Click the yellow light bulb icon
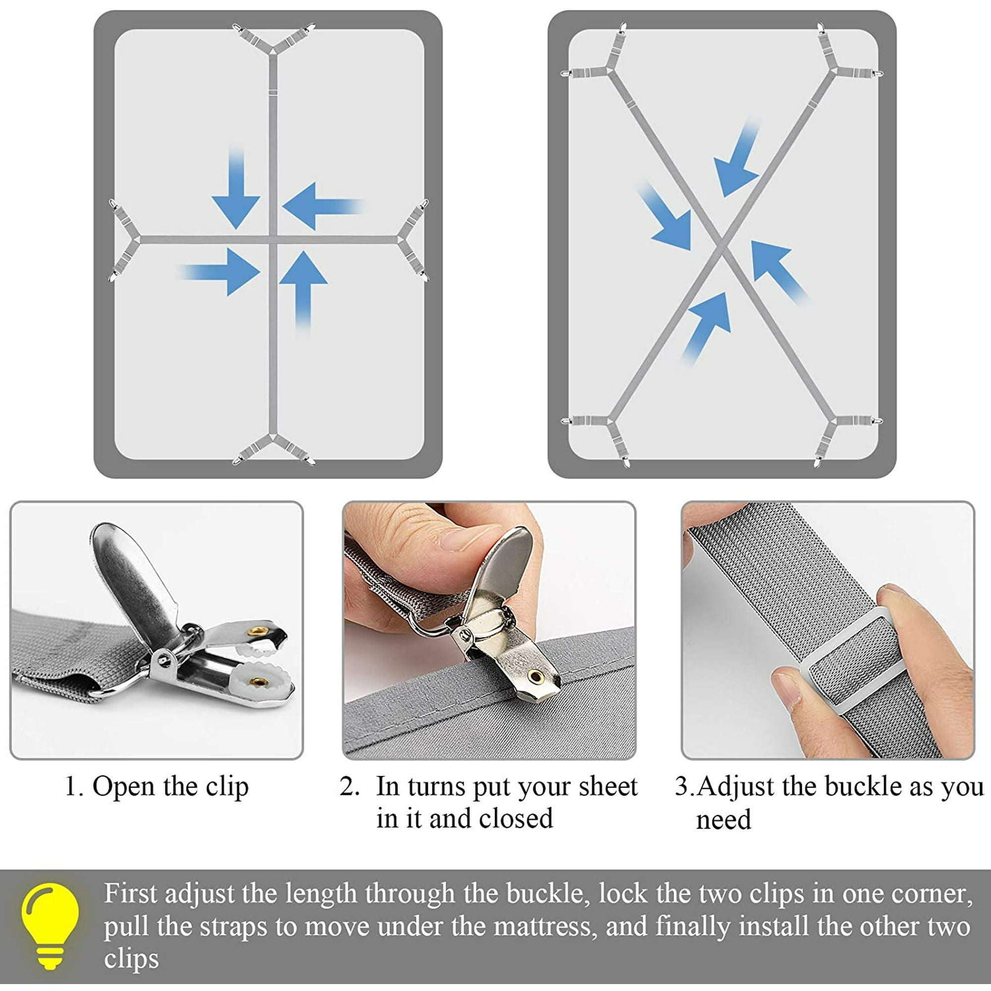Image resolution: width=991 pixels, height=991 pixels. coord(50,925)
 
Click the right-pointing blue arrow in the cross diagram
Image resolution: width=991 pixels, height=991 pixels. coord(219,272)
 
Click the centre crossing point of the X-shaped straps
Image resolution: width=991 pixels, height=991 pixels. coord(722,245)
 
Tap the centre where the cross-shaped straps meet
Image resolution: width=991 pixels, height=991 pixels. coord(273,239)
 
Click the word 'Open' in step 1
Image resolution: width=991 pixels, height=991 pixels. coord(123,787)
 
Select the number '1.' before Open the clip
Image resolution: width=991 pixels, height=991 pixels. coord(74,786)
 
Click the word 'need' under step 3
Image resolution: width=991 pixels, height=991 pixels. coord(723,820)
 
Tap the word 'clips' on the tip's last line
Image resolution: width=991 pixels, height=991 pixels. coord(131,959)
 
